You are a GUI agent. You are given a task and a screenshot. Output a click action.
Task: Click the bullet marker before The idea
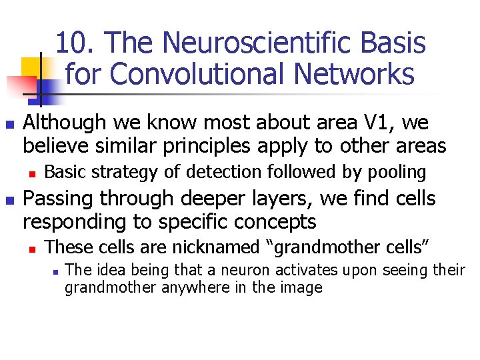[55, 271]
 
